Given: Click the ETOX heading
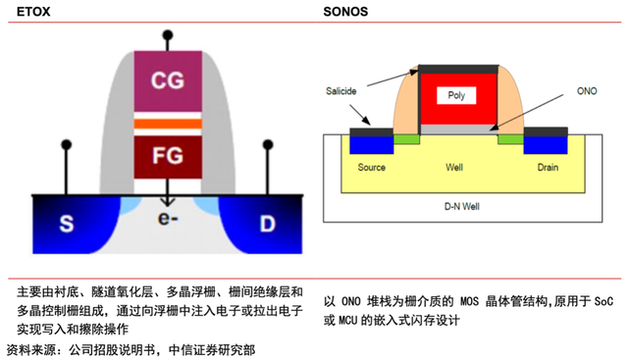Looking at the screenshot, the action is tap(33, 11).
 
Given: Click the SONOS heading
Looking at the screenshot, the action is tap(345, 11).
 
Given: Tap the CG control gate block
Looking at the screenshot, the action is tap(168, 81).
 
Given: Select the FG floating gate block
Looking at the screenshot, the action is tap(168, 157).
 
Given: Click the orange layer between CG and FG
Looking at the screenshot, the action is tap(168, 124).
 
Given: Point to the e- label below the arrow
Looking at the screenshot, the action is tap(168, 219).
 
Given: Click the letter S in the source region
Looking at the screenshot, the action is tap(67, 224).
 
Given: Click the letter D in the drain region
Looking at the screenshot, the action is tap(268, 224).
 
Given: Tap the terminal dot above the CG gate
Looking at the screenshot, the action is tap(168, 35).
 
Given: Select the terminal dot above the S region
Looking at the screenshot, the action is tap(67, 144).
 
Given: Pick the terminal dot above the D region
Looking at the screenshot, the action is tap(268, 144).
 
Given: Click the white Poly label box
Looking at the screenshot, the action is tap(456, 95).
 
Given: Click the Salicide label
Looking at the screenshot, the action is tap(340, 91).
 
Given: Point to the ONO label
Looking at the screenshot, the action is tap(587, 91).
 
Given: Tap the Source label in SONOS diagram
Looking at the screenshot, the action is tap(371, 168).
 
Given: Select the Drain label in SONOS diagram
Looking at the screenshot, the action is tap(548, 168).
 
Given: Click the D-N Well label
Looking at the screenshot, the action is tap(462, 207).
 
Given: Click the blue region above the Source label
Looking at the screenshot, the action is tap(371, 145).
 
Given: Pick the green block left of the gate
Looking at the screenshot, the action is tap(406, 139).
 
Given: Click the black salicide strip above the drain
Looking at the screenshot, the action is tap(546, 131).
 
